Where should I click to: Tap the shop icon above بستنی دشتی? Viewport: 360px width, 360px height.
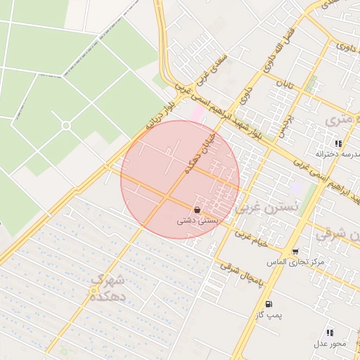[x=198, y=210]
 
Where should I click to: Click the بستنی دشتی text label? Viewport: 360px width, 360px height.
[x=198, y=221]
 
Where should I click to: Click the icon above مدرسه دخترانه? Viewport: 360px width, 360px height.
[x=338, y=143]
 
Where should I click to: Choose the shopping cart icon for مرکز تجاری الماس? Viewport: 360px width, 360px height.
[x=295, y=251]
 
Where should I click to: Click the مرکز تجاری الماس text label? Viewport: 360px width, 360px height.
[x=295, y=262]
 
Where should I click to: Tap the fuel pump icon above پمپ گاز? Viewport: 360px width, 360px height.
[x=269, y=304]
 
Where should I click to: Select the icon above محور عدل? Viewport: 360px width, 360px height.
[x=329, y=332]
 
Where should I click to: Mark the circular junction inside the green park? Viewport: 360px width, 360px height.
[x=65, y=125]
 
